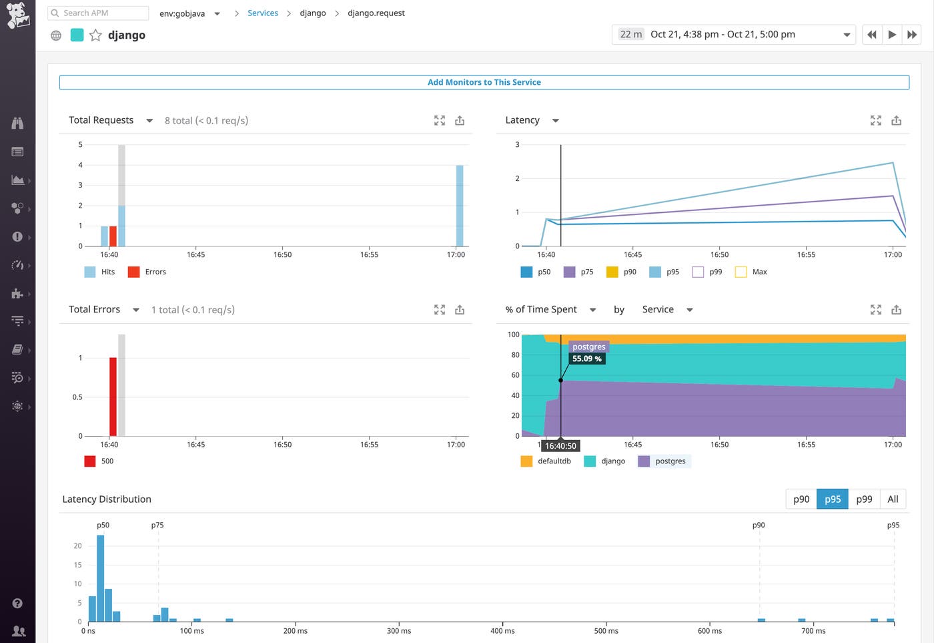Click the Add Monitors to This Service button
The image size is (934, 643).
pyautogui.click(x=484, y=82)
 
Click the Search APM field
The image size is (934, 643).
pyautogui.click(x=99, y=13)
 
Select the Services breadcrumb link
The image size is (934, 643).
pyautogui.click(x=262, y=13)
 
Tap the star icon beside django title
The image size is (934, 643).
pyautogui.click(x=95, y=35)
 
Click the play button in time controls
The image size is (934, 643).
pyautogui.click(x=891, y=35)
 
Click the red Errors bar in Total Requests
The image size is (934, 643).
pyautogui.click(x=113, y=236)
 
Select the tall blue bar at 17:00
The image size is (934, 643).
pyautogui.click(x=460, y=206)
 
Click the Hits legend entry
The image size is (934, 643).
pyautogui.click(x=100, y=272)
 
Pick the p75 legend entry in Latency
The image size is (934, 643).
pyautogui.click(x=578, y=272)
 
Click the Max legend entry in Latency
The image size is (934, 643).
pyautogui.click(x=751, y=272)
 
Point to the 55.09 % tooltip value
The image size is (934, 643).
pyautogui.click(x=586, y=359)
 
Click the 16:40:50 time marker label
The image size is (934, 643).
pyautogui.click(x=560, y=445)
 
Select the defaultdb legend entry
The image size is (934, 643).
pyautogui.click(x=546, y=461)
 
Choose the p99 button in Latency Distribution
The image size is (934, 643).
pyautogui.click(x=863, y=499)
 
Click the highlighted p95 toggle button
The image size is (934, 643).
pyautogui.click(x=832, y=499)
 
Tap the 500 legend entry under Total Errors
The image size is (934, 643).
pyautogui.click(x=99, y=461)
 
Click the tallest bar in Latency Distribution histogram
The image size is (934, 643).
pyautogui.click(x=101, y=578)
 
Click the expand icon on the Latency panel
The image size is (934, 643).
pyautogui.click(x=875, y=121)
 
